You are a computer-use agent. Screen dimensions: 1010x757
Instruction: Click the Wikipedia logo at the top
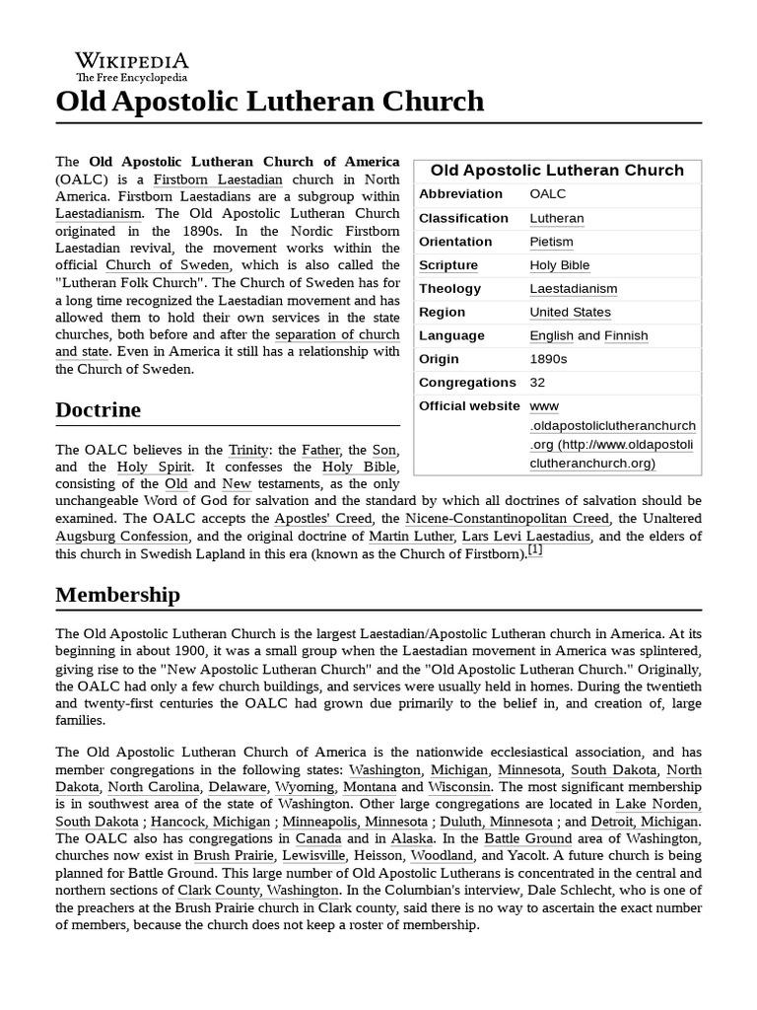click(132, 65)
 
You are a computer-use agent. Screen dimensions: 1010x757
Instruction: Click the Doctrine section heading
click(98, 409)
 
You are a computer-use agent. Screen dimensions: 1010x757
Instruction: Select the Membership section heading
click(117, 595)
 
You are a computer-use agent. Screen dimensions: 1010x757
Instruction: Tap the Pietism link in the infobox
click(551, 242)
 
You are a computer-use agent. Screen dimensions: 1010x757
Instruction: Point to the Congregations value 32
click(537, 383)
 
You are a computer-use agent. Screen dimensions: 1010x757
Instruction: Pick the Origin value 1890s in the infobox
click(548, 359)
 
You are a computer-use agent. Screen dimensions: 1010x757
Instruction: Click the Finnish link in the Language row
click(626, 335)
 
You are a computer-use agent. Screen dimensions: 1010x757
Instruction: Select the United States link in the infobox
click(570, 312)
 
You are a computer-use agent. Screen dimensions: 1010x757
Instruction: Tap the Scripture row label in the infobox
click(448, 265)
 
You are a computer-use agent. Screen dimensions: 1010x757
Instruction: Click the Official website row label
click(469, 406)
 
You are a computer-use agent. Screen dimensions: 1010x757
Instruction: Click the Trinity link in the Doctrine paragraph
click(248, 450)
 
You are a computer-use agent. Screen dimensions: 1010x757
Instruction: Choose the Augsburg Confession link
click(121, 537)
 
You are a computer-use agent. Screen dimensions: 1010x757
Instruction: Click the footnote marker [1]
click(535, 550)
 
